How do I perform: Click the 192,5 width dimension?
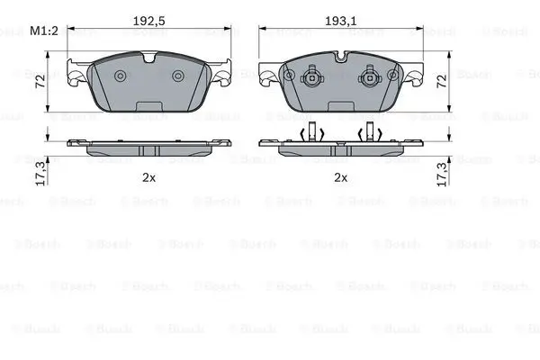click(x=149, y=21)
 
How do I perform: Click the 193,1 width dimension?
click(x=341, y=21)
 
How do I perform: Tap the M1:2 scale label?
click(x=44, y=31)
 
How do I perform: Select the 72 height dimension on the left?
click(x=40, y=82)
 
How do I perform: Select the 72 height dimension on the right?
click(x=442, y=81)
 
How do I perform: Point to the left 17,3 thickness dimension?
click(x=40, y=174)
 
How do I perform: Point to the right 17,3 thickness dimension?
click(x=442, y=174)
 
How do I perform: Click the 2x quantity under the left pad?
click(x=148, y=178)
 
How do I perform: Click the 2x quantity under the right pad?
click(x=340, y=178)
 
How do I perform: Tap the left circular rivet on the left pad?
click(x=121, y=76)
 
